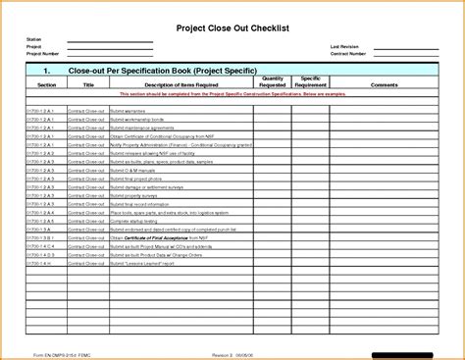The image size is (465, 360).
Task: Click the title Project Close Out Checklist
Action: click(232, 26)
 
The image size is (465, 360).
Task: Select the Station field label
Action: click(33, 39)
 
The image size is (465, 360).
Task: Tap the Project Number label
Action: click(41, 53)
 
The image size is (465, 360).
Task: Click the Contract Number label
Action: click(349, 53)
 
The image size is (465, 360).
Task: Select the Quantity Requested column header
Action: click(273, 81)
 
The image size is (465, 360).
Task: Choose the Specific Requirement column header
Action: click(311, 81)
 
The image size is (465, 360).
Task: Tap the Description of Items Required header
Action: click(177, 85)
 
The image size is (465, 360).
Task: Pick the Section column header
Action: click(46, 85)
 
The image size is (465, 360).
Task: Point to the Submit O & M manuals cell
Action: click(133, 169)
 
